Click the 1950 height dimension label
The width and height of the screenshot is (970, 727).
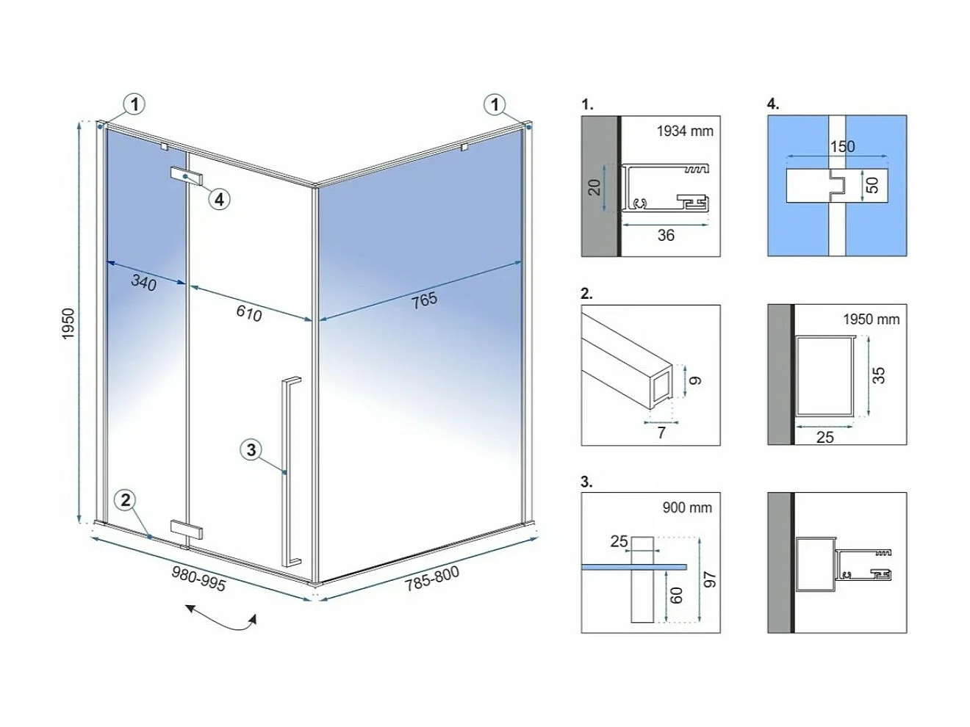point(68,324)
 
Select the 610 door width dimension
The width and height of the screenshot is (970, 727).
point(249,313)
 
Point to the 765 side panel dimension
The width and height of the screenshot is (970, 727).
point(424,300)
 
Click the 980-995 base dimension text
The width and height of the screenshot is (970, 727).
point(198,579)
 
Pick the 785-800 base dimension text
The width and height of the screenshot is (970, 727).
point(432,578)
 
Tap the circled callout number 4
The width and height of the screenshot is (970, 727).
point(219,200)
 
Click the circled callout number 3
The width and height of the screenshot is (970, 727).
point(251,450)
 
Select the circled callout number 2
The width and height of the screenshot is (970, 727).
point(126,500)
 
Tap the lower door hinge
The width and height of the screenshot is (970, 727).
point(186,529)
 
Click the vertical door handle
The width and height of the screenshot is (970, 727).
point(290,472)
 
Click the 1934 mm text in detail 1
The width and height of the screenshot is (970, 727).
point(685,131)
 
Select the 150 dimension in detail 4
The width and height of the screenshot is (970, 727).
point(842,146)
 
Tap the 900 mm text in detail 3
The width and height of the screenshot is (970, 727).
point(687,507)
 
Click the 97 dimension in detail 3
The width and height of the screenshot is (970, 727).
point(710,579)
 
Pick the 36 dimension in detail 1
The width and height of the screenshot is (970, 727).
point(666,235)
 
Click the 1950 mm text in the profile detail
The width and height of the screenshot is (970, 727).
point(871,319)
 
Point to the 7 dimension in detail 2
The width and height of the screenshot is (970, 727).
point(661,433)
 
